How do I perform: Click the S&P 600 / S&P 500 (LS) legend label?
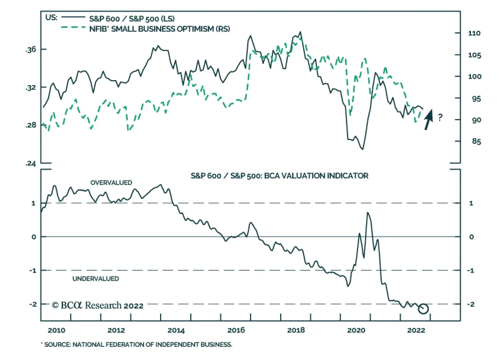click(x=132, y=18)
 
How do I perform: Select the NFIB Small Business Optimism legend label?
click(x=159, y=29)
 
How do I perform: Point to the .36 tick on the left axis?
click(x=31, y=49)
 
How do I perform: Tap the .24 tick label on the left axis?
click(x=31, y=163)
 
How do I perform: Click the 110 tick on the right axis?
click(x=474, y=33)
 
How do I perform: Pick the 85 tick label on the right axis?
click(x=476, y=141)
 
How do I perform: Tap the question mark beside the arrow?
click(x=440, y=118)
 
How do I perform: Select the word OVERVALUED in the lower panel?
click(x=111, y=183)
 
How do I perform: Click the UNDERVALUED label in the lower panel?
click(x=96, y=279)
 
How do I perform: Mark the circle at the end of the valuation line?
click(x=423, y=309)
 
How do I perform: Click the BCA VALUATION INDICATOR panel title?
click(x=279, y=176)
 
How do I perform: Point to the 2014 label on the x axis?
click(x=176, y=330)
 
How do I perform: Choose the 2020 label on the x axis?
click(x=356, y=330)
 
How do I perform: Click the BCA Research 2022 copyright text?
click(x=98, y=305)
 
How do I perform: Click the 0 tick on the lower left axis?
click(x=34, y=237)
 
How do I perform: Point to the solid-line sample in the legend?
click(x=73, y=17)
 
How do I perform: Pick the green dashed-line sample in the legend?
click(x=73, y=28)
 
